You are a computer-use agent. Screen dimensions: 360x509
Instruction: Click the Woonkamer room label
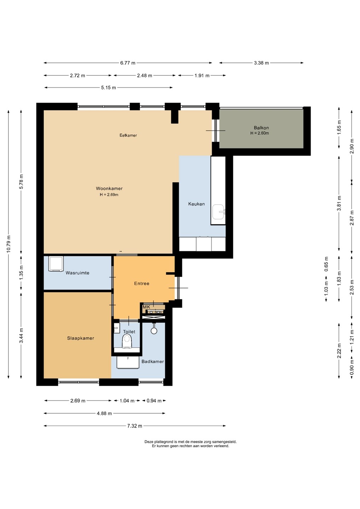click(109, 188)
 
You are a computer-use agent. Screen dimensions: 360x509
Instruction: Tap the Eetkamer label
click(128, 135)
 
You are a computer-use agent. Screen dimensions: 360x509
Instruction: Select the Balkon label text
click(261, 128)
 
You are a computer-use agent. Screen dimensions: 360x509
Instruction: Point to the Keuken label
click(196, 204)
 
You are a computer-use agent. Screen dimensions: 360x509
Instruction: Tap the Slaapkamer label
click(81, 338)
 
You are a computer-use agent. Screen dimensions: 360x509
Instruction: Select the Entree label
click(141, 283)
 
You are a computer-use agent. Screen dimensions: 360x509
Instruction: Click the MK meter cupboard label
click(146, 307)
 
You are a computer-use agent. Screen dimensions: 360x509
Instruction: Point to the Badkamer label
click(152, 361)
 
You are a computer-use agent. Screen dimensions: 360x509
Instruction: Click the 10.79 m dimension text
click(8, 244)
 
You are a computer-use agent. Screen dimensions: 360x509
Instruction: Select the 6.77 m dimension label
click(128, 63)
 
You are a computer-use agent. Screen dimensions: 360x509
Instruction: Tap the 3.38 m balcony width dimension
click(261, 63)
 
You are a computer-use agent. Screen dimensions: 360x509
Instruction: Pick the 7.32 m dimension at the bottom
click(134, 426)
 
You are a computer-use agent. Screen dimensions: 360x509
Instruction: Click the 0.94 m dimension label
click(154, 400)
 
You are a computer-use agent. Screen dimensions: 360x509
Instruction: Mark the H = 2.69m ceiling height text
click(109, 194)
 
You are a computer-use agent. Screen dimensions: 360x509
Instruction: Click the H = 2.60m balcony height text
click(260, 133)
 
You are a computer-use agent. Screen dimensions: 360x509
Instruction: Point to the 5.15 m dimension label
click(109, 88)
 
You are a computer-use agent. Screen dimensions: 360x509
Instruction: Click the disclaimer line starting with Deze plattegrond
click(191, 442)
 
